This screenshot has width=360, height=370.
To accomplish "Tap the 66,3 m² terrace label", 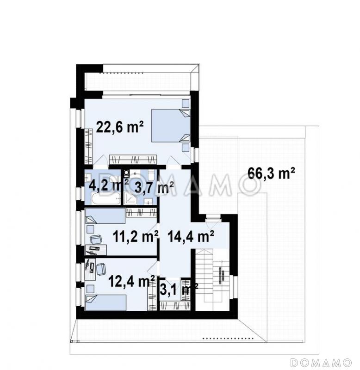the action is coord(271,174).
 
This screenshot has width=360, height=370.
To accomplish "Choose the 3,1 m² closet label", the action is coord(179,290).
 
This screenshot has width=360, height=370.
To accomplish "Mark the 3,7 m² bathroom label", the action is coord(154,188).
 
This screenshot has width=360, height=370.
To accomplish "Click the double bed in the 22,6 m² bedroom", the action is coord(171,125).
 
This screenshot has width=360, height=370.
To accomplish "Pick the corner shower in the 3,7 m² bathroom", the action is coord(130,198).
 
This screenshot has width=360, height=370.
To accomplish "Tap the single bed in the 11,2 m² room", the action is coord(106,216).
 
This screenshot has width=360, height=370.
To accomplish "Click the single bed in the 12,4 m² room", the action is coord(106,303).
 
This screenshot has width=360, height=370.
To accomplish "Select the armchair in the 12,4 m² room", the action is coord(101,270).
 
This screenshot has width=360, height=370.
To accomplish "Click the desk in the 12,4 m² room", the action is coord(90,269).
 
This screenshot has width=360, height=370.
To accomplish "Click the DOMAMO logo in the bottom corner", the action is coord(321,363).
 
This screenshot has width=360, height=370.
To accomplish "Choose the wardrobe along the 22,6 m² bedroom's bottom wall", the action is coord(133,159).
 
